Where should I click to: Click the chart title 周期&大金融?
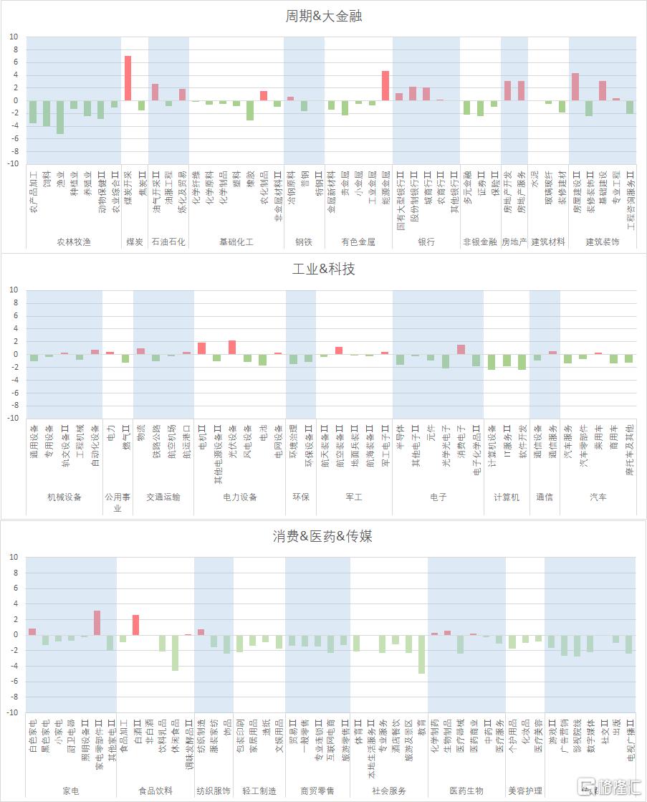pyautogui.click(x=323, y=16)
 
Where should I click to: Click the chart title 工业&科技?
pyautogui.click(x=323, y=269)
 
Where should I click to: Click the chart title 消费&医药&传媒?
pyautogui.click(x=323, y=536)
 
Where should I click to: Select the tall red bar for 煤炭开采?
pyautogui.click(x=128, y=78)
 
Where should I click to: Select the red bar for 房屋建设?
pyautogui.click(x=575, y=87)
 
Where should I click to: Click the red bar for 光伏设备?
pyautogui.click(x=232, y=347)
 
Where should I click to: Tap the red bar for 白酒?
pyautogui.click(x=135, y=624)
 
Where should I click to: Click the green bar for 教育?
pyautogui.click(x=422, y=654)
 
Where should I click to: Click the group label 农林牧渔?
pyautogui.click(x=74, y=242)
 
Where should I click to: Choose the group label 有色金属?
pyautogui.click(x=358, y=242)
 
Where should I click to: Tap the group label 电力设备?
pyautogui.click(x=240, y=497)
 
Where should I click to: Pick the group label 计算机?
pyautogui.click(x=507, y=497)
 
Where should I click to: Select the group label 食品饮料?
pyautogui.click(x=155, y=791)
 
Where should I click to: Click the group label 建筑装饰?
pyautogui.click(x=603, y=242)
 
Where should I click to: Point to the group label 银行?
pyautogui.click(x=426, y=242)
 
